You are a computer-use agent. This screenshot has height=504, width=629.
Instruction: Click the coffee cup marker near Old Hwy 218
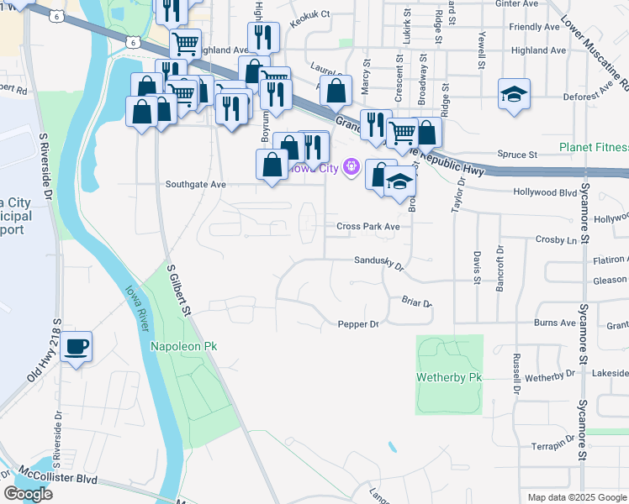(x=77, y=346)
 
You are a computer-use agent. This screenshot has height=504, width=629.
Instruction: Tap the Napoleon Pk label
(x=183, y=346)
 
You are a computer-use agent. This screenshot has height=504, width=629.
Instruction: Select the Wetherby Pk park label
(x=450, y=378)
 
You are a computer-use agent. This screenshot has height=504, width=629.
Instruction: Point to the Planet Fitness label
(x=595, y=148)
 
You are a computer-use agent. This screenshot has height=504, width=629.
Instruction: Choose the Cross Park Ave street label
(x=367, y=226)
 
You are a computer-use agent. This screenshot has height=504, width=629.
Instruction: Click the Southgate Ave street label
(x=196, y=184)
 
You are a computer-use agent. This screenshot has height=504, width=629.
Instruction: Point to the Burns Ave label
(x=555, y=323)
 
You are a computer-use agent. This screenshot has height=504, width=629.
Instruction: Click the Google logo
(x=29, y=494)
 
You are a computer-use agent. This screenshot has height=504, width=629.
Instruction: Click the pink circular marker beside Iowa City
(x=351, y=168)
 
